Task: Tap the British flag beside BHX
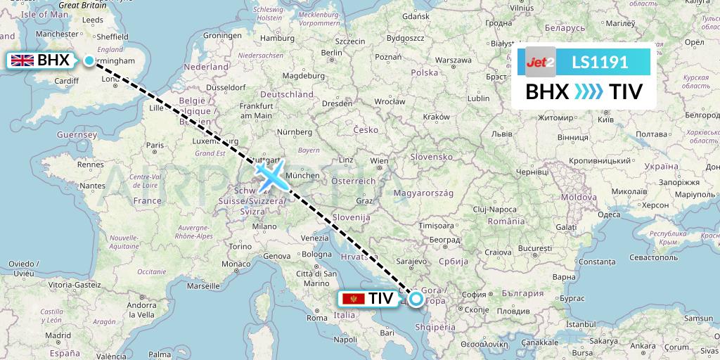pos(22,60)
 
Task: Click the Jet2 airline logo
pos(541,62)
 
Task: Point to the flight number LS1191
pos(600,62)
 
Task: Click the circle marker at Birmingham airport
pos(89,60)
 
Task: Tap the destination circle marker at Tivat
pos(416,300)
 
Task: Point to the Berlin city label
pos(331,53)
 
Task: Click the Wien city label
pos(379,161)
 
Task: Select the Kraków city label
pos(437,116)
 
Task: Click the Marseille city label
pos(204,286)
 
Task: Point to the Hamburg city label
pos(277,38)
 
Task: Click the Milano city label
pos(265,226)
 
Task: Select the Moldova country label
pos(579,198)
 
